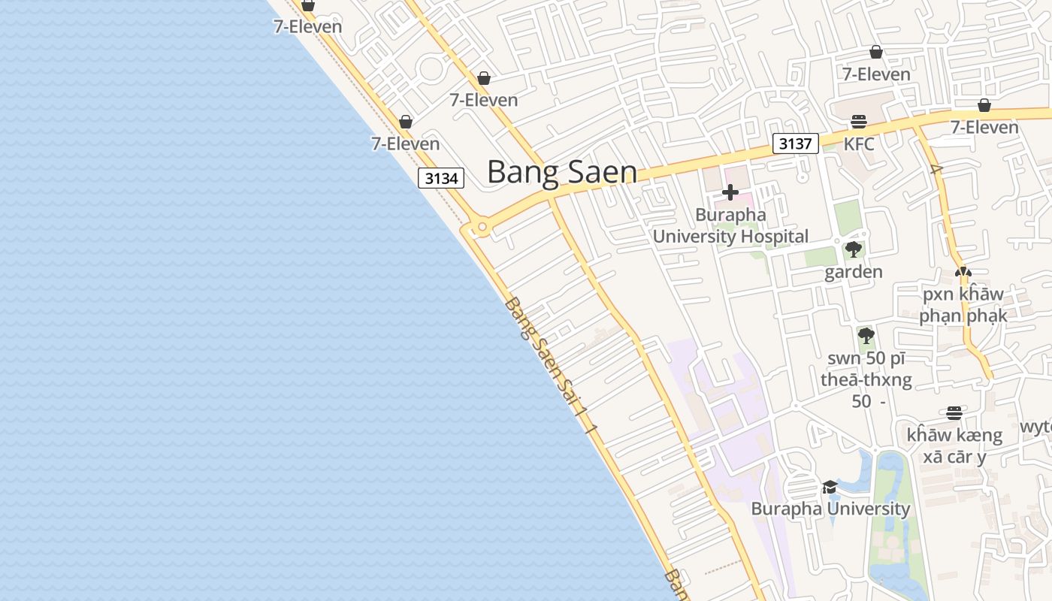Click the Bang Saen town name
tap(562, 172)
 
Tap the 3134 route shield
tap(440, 178)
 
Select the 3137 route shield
tap(795, 143)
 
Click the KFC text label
tap(859, 143)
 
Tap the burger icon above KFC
tap(859, 122)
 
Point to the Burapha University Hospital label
tap(730, 225)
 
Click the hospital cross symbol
tap(730, 192)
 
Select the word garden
tap(854, 272)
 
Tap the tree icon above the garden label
tap(853, 249)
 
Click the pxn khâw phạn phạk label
tap(963, 304)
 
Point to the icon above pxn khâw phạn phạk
tap(963, 272)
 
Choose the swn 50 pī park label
tap(866, 379)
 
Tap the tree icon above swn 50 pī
tap(866, 335)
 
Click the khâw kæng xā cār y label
tap(954, 445)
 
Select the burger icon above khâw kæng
tap(954, 413)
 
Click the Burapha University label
tap(830, 509)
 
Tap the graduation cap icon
tap(830, 487)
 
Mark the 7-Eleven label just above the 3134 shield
tap(406, 143)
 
